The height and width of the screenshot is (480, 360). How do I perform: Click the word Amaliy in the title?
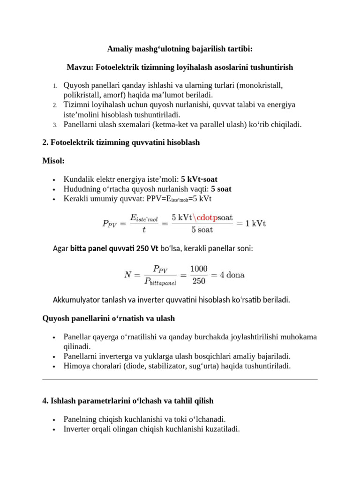click(119, 48)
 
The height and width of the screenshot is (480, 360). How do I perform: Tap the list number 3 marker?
click(54, 125)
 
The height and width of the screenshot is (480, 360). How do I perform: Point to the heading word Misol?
click(53, 161)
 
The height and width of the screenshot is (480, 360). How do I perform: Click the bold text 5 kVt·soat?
click(199, 179)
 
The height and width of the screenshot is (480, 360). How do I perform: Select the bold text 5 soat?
click(221, 189)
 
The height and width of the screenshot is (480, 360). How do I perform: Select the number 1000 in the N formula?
click(198, 269)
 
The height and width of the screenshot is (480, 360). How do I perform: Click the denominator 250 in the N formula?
click(198, 281)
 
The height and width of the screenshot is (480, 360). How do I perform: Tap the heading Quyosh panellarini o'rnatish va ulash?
click(108, 318)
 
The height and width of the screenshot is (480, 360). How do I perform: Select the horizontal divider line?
click(180, 379)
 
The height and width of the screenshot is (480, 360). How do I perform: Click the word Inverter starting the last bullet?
click(77, 428)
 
